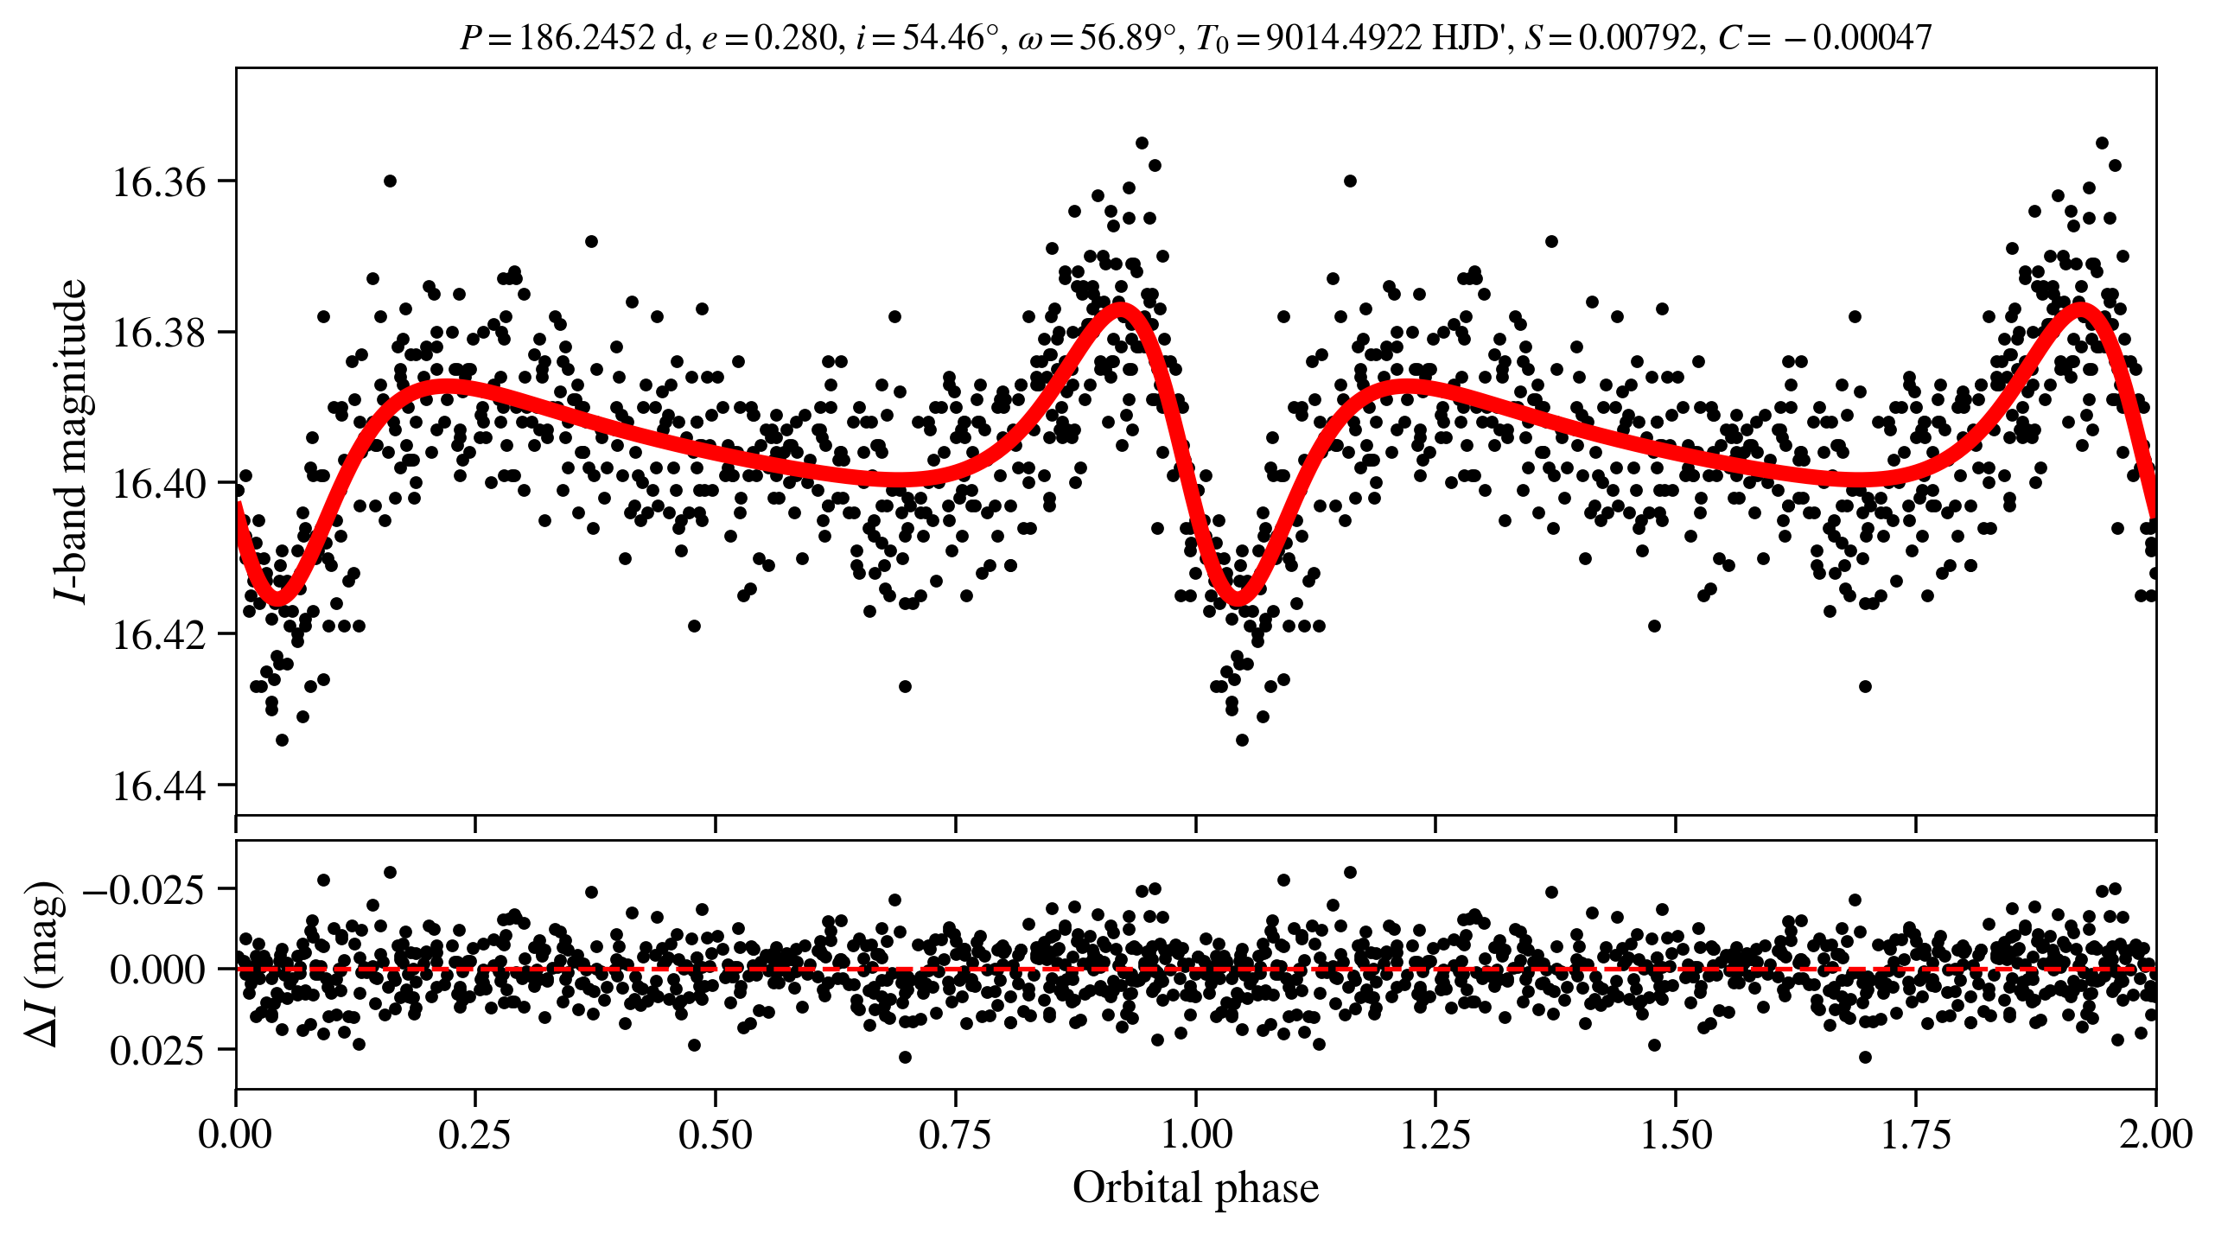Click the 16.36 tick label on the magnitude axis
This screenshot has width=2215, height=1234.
click(x=159, y=183)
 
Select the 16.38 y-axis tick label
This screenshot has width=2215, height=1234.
click(x=159, y=334)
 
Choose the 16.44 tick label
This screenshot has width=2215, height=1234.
click(x=159, y=787)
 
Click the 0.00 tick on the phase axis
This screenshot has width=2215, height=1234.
click(x=235, y=1135)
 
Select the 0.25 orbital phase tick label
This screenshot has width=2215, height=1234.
click(x=474, y=1135)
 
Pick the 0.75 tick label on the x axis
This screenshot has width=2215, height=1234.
click(x=955, y=1135)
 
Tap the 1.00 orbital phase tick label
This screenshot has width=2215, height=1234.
click(x=1195, y=1135)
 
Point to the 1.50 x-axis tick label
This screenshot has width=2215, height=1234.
click(x=1676, y=1135)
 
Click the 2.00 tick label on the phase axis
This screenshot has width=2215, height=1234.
click(x=2155, y=1135)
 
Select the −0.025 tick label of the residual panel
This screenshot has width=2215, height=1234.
click(x=143, y=890)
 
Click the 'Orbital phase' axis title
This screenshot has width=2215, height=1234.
click(x=1195, y=1188)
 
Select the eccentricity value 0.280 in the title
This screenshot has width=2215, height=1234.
click(x=794, y=38)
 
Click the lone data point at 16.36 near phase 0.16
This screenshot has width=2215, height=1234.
click(x=390, y=181)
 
